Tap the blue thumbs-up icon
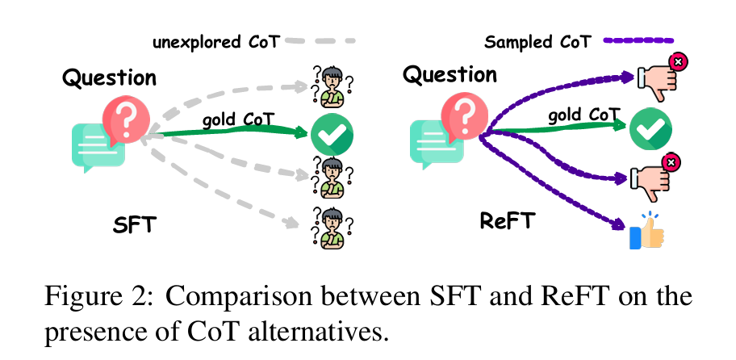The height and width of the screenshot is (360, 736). tap(646, 232)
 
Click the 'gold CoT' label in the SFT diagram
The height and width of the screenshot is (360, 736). tap(238, 119)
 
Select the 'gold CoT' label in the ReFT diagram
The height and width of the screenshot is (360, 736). tap(579, 115)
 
